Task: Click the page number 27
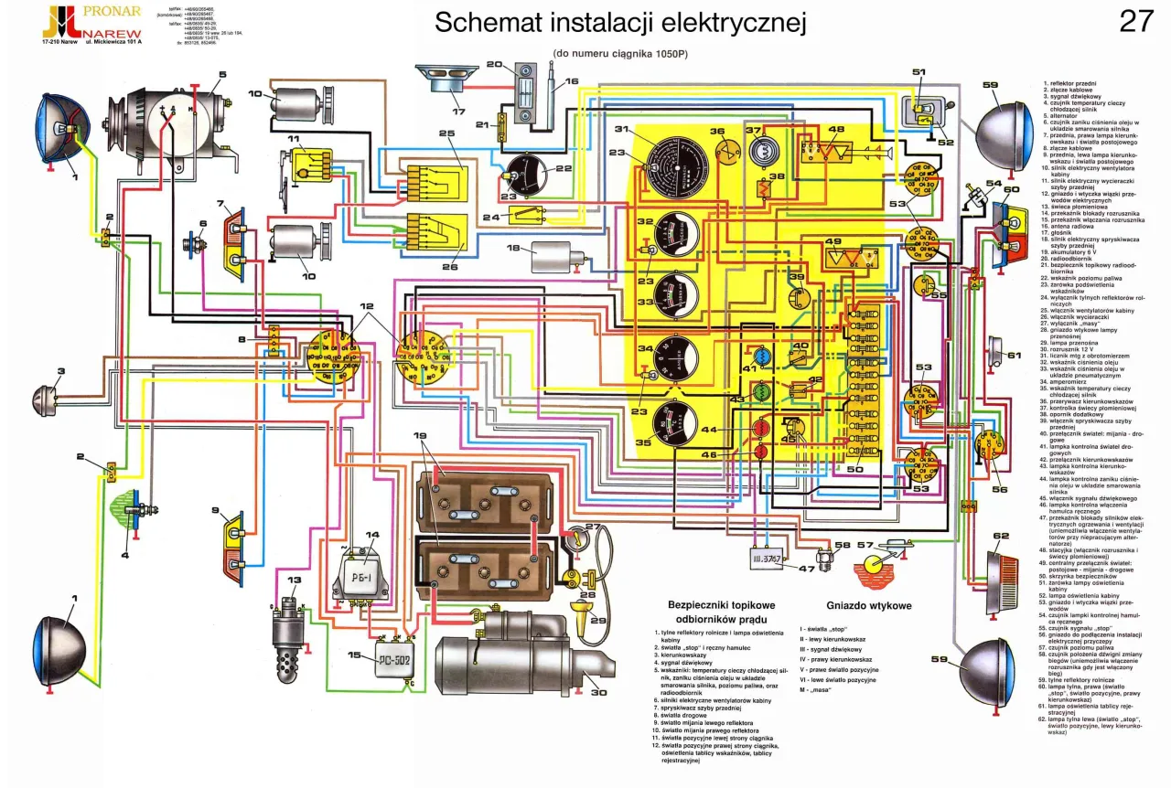pyautogui.click(x=1136, y=21)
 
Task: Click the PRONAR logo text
pyautogui.click(x=111, y=12)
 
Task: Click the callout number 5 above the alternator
pyautogui.click(x=222, y=76)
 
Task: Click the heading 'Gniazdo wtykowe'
pyautogui.click(x=868, y=606)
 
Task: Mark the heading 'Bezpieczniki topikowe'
pyautogui.click(x=722, y=606)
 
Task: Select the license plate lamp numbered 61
pyautogui.click(x=994, y=347)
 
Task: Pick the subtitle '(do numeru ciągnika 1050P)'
pyautogui.click(x=618, y=54)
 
